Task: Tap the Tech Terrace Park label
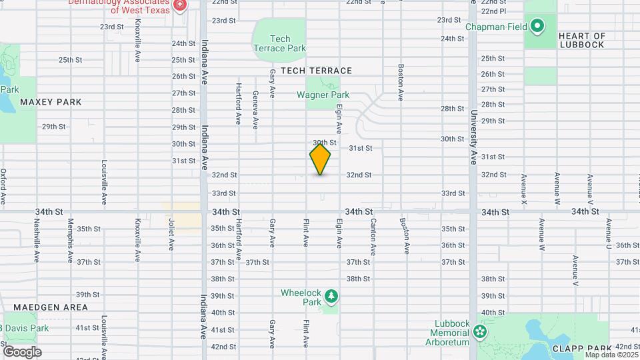(x=279, y=43)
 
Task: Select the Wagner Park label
(x=323, y=95)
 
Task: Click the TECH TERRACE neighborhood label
(x=316, y=70)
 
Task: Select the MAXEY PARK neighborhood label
(x=51, y=102)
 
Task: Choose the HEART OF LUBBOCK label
(x=581, y=40)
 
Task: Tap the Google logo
(x=22, y=351)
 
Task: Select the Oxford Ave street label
(x=3, y=186)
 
